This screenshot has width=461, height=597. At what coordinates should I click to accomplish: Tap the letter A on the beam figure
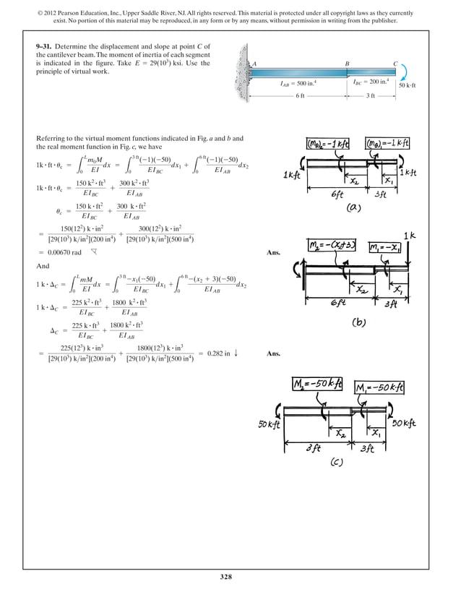(254, 64)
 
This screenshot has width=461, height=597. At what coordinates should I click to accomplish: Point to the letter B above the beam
(348, 64)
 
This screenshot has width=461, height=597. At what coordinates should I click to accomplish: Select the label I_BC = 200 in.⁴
(371, 83)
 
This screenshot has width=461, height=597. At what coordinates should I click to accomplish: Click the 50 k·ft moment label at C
(413, 85)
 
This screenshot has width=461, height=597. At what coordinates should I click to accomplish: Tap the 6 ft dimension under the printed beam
(300, 96)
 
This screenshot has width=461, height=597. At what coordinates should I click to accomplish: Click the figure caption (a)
(353, 207)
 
